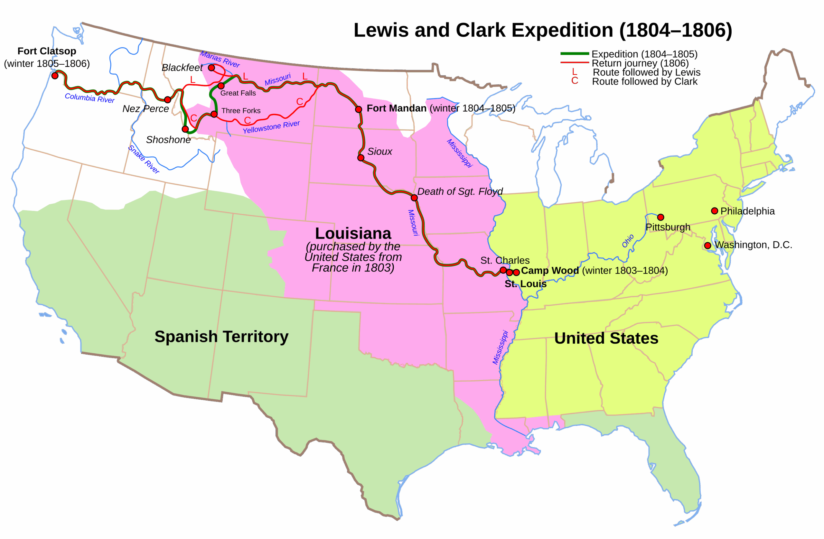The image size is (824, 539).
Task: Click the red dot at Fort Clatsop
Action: [x=55, y=76]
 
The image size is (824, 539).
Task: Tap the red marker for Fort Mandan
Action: [x=358, y=109]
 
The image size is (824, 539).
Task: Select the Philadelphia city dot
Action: [x=714, y=211]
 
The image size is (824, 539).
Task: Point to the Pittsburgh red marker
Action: [x=660, y=218]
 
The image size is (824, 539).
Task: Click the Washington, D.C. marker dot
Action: [x=708, y=246]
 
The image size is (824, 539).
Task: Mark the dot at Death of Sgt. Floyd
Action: [x=414, y=198]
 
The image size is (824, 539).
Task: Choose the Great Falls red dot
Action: [x=221, y=86]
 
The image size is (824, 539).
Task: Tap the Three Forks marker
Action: [x=214, y=114]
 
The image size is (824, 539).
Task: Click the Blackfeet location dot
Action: [x=211, y=68]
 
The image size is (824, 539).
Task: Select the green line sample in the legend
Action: [x=575, y=54]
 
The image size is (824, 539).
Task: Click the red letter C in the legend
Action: [x=575, y=81]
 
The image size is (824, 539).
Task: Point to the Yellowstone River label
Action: [x=271, y=127]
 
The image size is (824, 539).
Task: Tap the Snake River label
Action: [x=144, y=159]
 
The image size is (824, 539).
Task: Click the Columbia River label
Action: [x=90, y=98]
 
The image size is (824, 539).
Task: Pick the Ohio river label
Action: [x=628, y=241]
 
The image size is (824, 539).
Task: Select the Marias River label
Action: [x=220, y=59]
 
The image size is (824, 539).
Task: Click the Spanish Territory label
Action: [x=221, y=337]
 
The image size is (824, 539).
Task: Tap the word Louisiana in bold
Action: [x=353, y=233]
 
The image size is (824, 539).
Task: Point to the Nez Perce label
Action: [x=145, y=109]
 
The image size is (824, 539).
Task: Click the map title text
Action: [x=543, y=31]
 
